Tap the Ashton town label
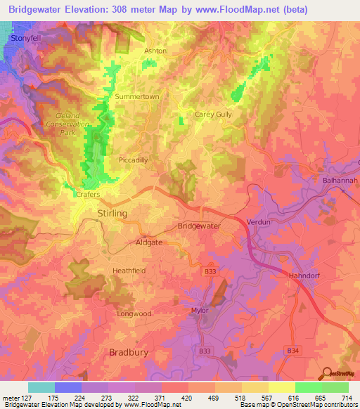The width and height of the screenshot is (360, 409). [x=155, y=51]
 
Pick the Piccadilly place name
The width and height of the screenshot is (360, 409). [x=134, y=160]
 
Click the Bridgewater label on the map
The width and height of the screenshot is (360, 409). [x=199, y=226]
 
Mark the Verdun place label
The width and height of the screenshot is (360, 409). [x=259, y=222]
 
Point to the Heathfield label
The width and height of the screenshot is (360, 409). [x=130, y=270]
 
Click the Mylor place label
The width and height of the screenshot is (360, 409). [x=201, y=309]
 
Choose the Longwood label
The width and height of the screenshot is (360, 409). [x=134, y=313]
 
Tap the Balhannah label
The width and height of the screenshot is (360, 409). [x=337, y=181]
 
